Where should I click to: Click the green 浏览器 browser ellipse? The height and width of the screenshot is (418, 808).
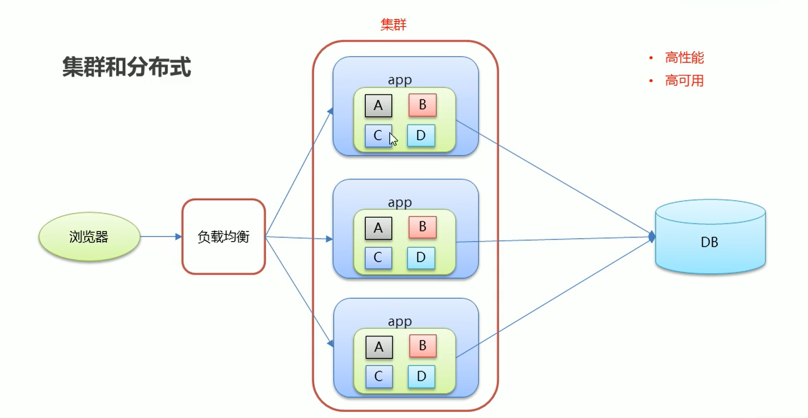point(89,237)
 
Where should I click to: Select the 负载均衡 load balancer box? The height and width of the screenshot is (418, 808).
point(224,237)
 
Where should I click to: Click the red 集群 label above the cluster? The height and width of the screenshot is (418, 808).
point(393,24)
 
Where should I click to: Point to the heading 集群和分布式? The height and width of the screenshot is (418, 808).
point(126,67)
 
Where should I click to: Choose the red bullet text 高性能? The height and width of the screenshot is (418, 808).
point(684,58)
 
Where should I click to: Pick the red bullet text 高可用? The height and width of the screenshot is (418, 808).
point(684,81)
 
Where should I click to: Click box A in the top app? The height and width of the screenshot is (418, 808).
point(379,106)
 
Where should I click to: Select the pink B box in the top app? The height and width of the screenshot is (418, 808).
point(422,105)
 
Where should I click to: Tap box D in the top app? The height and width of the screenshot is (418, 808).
point(421,136)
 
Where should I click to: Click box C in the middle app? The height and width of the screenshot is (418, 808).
point(378,257)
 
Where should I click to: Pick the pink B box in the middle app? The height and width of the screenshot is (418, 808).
point(422,227)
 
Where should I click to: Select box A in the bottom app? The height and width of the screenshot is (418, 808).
point(379,347)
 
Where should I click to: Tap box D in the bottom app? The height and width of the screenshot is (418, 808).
point(421,377)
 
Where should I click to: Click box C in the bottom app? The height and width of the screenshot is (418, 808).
point(379,377)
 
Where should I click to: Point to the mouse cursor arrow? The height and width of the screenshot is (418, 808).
point(393,139)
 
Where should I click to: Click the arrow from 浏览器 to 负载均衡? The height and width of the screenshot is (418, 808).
point(160,237)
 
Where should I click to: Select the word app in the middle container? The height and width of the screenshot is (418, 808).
point(400,202)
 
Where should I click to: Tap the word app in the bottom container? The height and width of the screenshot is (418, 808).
point(400,322)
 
